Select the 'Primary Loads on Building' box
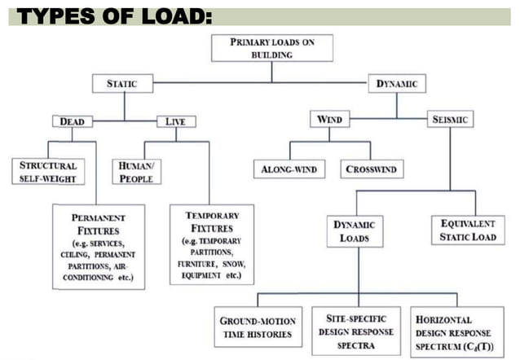(272, 48)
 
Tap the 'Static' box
(121, 84)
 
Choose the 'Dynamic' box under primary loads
(397, 84)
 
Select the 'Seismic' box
(452, 121)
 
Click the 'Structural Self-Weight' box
(48, 171)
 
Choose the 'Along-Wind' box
(288, 170)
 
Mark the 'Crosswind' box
(371, 170)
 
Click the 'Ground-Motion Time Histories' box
(258, 327)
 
